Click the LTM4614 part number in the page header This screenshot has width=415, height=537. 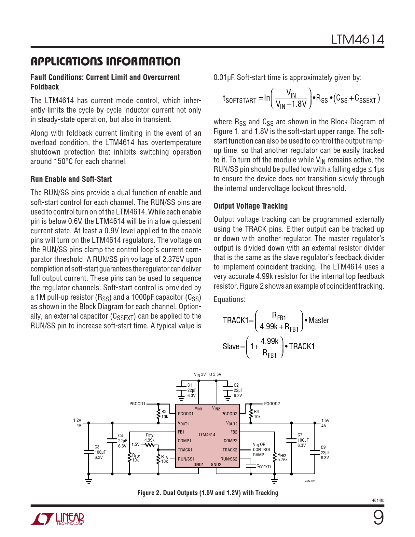pyautogui.click(x=357, y=40)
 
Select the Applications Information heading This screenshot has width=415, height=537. pyautogui.click(x=105, y=61)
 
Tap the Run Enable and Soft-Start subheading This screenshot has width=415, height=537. pyautogui.click(x=71, y=179)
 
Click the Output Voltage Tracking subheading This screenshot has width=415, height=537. pyautogui.click(x=251, y=206)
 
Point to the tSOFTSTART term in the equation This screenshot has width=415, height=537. pyautogui.click(x=239, y=99)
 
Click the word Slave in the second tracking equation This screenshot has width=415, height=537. pyautogui.click(x=231, y=347)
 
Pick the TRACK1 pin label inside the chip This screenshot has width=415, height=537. pyautogui.click(x=185, y=450)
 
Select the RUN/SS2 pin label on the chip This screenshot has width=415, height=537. pyautogui.click(x=229, y=459)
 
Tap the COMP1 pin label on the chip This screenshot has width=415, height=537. pyautogui.click(x=184, y=441)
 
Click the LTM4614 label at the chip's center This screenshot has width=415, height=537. pyautogui.click(x=207, y=434)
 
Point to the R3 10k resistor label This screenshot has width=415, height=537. pyautogui.click(x=164, y=414)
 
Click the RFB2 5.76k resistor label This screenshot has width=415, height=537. pyautogui.click(x=282, y=458)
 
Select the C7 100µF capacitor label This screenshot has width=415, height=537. pyautogui.click(x=303, y=440)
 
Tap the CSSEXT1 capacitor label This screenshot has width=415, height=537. pyautogui.click(x=264, y=467)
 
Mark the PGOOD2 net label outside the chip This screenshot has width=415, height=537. pyautogui.click(x=272, y=404)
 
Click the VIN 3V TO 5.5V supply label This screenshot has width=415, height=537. pyautogui.click(x=207, y=375)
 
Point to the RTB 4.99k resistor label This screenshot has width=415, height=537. pyautogui.click(x=149, y=438)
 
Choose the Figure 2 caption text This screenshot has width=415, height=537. pyautogui.click(x=208, y=493)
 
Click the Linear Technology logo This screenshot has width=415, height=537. pyautogui.click(x=58, y=519)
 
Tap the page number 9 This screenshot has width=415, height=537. pyautogui.click(x=378, y=517)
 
